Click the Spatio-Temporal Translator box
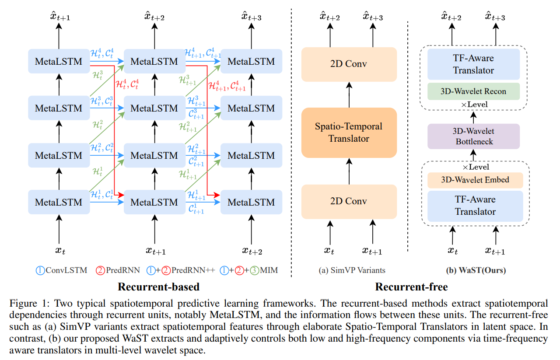[x=349, y=133]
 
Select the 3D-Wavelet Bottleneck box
[x=473, y=136]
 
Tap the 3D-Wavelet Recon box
[x=473, y=91]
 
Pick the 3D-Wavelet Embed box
[x=475, y=180]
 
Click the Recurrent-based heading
[x=158, y=287]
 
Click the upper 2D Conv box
[x=349, y=64]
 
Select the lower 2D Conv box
[x=349, y=201]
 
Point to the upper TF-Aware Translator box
[x=473, y=64]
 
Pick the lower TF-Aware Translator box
[x=475, y=206]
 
